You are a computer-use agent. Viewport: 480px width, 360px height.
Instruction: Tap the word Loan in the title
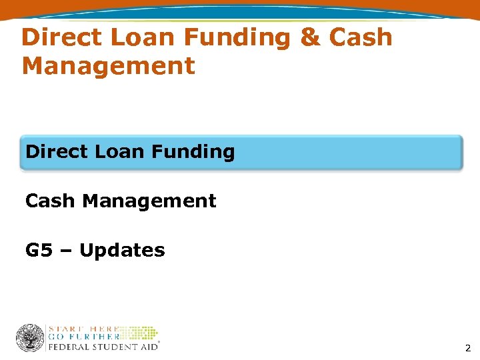141,37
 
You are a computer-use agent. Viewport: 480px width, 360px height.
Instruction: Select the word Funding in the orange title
236,39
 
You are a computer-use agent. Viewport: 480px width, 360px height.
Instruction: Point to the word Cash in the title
361,37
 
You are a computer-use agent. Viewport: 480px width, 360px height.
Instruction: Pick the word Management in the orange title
109,67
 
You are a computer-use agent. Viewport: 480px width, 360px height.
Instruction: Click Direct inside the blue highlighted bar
57,152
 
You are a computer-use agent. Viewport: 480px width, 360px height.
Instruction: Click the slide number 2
467,348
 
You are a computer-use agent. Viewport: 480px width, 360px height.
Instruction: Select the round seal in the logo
30,338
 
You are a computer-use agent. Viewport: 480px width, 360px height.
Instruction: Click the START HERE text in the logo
84,329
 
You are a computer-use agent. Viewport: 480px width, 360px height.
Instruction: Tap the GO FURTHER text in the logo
83,337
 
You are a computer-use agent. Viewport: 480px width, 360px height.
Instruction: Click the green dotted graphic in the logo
140,333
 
